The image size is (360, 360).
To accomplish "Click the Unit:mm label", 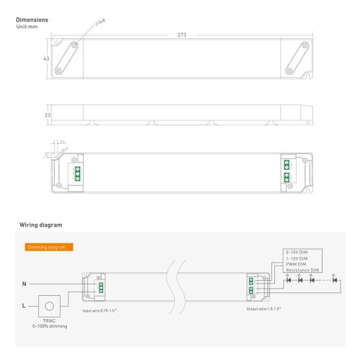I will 26,27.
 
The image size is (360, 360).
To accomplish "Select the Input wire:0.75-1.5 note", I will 99,310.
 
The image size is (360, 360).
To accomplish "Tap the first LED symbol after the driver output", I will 288,279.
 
